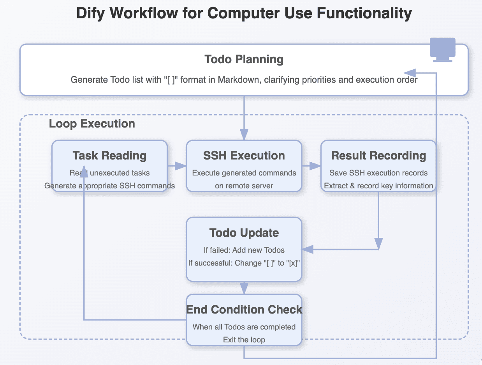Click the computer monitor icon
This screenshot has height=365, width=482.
[x=442, y=49]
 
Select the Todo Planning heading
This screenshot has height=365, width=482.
[x=244, y=60]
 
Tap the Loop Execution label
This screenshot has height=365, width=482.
[x=92, y=124]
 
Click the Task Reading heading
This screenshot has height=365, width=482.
[x=109, y=156]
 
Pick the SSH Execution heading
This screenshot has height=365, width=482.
[x=244, y=156]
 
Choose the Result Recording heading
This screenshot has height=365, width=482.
[x=378, y=156]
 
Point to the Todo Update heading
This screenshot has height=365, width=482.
[x=244, y=233]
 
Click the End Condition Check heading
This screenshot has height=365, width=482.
[x=244, y=310]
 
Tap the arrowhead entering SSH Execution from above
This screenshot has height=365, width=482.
[x=244, y=135]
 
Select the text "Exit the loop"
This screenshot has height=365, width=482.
[x=244, y=340]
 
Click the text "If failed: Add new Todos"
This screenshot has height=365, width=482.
[x=244, y=250]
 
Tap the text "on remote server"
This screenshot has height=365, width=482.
[x=244, y=186]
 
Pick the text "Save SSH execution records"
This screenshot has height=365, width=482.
[x=378, y=173]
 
